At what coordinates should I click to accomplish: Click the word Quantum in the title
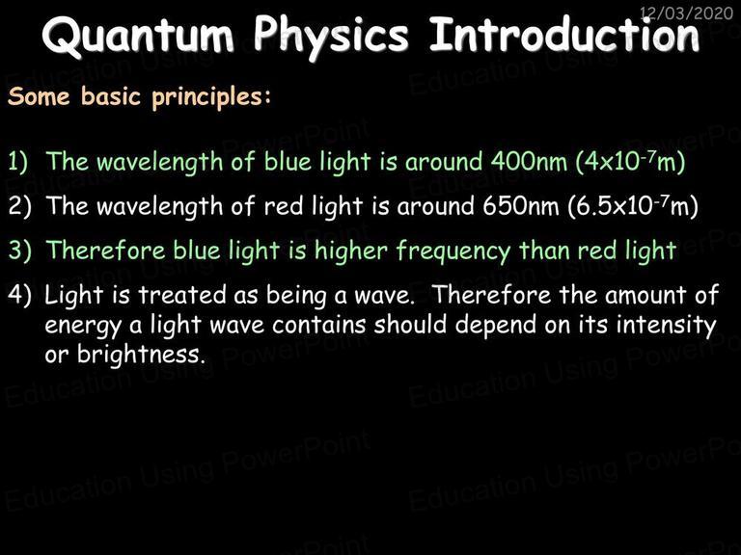click(138, 37)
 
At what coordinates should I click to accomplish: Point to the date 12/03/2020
click(686, 13)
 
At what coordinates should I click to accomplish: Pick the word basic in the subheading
click(111, 95)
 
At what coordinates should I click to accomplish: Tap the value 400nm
click(529, 162)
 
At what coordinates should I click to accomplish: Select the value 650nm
click(521, 206)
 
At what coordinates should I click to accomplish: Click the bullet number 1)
click(18, 162)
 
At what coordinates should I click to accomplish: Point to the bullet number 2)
click(19, 206)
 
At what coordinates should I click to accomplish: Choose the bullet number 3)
click(19, 251)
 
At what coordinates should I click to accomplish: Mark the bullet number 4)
click(19, 295)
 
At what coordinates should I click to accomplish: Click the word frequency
click(453, 251)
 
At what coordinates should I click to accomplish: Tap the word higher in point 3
click(351, 251)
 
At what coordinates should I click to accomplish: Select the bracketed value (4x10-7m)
click(630, 162)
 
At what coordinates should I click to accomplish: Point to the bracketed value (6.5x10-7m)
click(633, 206)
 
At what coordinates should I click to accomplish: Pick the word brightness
click(141, 355)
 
